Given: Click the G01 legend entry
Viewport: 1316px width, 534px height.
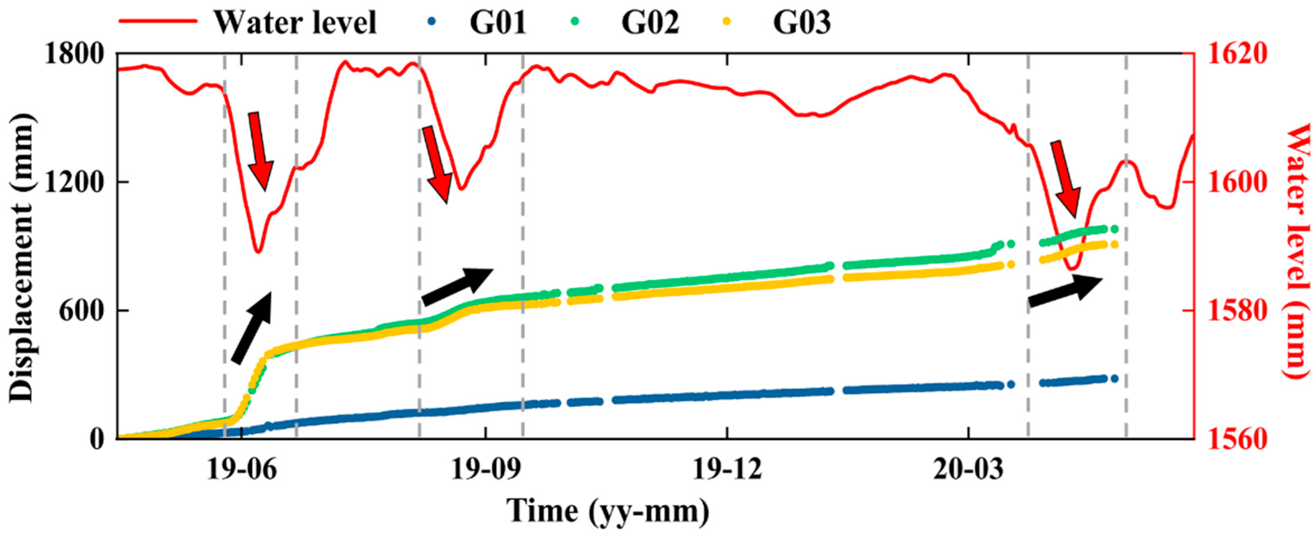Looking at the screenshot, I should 498,23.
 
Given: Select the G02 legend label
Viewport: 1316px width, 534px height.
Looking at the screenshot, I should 650,23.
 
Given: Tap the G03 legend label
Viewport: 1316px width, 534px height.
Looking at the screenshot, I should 802,23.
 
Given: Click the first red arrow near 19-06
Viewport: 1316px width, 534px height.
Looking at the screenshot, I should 260,151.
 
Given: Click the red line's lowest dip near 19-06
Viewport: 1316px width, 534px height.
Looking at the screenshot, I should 258,251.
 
